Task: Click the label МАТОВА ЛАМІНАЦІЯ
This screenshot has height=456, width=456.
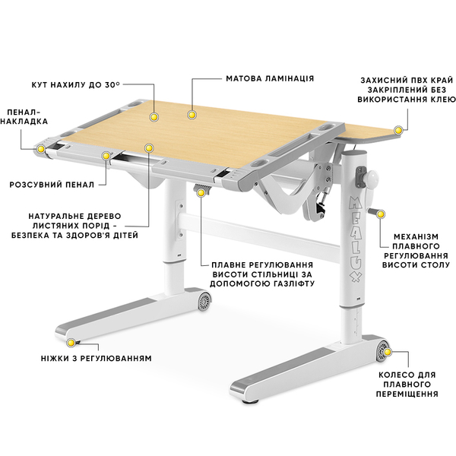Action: pyautogui.click(x=270, y=79)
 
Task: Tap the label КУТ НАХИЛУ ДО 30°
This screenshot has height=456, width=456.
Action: pyautogui.click(x=75, y=85)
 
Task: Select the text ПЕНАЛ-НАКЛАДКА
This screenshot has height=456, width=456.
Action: pyautogui.click(x=24, y=116)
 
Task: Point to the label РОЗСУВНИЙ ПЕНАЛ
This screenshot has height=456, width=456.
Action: pyautogui.click(x=52, y=185)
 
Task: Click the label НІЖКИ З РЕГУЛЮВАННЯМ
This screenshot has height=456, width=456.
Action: pyautogui.click(x=97, y=358)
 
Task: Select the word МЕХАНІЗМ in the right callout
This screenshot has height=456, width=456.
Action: pyautogui.click(x=416, y=236)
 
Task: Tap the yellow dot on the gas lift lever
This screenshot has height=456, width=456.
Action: pyautogui.click(x=201, y=192)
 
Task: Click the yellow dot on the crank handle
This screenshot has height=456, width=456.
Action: pyautogui.click(x=381, y=214)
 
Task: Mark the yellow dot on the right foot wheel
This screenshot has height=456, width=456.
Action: pyautogui.click(x=388, y=352)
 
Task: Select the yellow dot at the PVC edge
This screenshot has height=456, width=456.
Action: pyautogui.click(x=398, y=130)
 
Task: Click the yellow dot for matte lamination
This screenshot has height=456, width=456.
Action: pyautogui.click(x=191, y=115)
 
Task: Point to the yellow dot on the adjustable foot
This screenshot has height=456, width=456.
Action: pyautogui.click(x=71, y=343)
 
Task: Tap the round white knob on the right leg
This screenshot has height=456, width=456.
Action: pyautogui.click(x=372, y=177)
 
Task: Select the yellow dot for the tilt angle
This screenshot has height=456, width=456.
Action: pyautogui.click(x=154, y=117)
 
